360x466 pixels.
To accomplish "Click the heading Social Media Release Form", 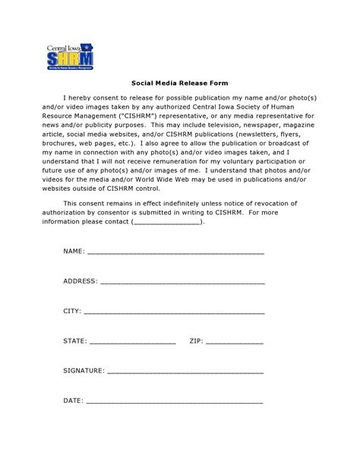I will click(x=179, y=83).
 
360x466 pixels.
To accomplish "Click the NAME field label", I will click(x=73, y=250).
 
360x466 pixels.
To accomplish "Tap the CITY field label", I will click(x=71, y=312).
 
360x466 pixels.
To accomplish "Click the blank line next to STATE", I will click(x=133, y=342).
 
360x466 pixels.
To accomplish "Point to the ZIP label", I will click(x=195, y=341).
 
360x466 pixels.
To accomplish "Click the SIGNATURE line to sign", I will click(x=185, y=372).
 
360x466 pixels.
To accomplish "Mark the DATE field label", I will click(x=72, y=400).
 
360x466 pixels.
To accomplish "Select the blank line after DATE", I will click(x=174, y=401).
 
